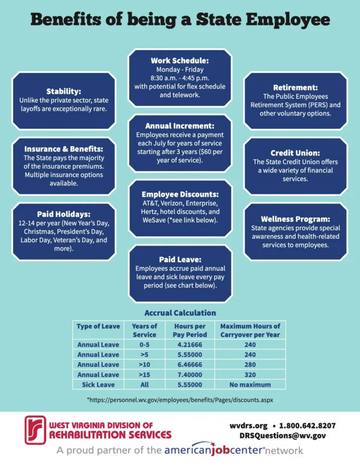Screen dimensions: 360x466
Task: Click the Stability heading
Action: click(x=64, y=91)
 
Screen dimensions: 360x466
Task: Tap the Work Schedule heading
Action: click(x=180, y=61)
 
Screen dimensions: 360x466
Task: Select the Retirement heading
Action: click(x=296, y=87)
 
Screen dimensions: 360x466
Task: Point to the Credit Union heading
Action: click(x=295, y=153)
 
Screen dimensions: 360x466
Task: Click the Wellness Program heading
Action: click(x=296, y=219)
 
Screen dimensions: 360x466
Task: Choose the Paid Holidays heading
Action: click(x=64, y=214)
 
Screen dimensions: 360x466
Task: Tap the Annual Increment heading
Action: click(x=180, y=126)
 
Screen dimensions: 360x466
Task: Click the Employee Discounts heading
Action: click(x=180, y=194)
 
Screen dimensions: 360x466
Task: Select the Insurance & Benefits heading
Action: click(x=64, y=149)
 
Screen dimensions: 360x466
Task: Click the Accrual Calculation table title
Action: click(x=180, y=313)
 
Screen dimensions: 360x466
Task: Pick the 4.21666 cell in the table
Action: click(x=190, y=345)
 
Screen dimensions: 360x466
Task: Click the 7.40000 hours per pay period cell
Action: click(x=190, y=375)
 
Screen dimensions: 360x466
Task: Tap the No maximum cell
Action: click(x=250, y=385)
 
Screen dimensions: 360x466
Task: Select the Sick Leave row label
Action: click(x=98, y=385)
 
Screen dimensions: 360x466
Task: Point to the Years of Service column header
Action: click(x=145, y=331)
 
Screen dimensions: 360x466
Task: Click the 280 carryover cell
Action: click(x=250, y=365)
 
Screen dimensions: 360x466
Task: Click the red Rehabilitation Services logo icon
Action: click(x=35, y=430)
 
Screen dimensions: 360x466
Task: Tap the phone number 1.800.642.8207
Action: click(x=308, y=426)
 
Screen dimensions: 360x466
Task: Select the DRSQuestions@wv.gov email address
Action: click(x=283, y=436)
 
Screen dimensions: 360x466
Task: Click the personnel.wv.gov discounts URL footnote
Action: click(x=180, y=400)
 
